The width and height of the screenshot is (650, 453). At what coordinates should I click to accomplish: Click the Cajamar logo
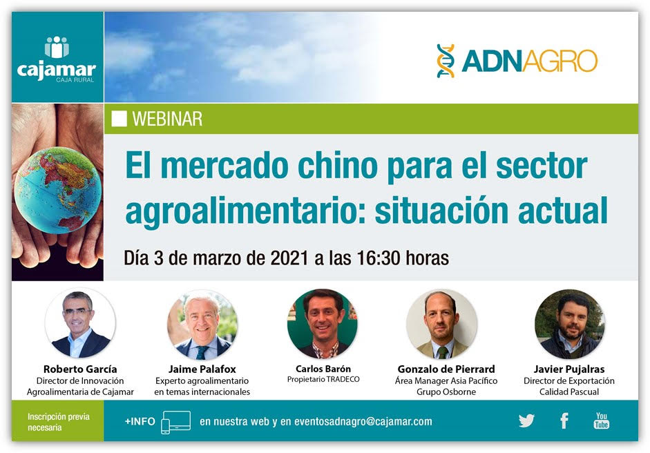(x=57, y=59)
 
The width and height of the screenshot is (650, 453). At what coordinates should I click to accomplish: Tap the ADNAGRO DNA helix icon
(x=446, y=61)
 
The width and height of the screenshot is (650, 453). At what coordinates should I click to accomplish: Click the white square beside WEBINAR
(x=119, y=119)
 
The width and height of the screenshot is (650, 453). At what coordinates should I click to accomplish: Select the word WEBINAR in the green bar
(x=167, y=119)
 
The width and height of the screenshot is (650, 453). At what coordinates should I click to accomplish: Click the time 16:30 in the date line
(x=378, y=258)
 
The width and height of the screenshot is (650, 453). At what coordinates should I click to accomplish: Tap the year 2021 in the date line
(x=289, y=258)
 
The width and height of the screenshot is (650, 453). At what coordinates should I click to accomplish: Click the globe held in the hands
(x=57, y=190)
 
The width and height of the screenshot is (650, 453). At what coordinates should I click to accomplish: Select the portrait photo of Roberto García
(x=80, y=324)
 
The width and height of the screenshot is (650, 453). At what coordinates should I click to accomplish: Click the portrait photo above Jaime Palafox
(x=202, y=324)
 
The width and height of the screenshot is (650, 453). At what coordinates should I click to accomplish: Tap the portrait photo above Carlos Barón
(x=323, y=324)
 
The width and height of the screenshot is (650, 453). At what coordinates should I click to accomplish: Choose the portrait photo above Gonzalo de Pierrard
(x=442, y=324)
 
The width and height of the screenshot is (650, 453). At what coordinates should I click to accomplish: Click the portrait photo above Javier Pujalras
(x=570, y=324)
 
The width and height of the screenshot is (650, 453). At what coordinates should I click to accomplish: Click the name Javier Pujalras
(x=568, y=369)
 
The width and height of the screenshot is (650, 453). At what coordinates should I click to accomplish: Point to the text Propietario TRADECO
(x=323, y=379)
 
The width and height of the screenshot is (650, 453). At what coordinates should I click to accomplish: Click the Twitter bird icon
(x=526, y=421)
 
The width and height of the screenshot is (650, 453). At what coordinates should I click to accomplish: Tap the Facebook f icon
(x=564, y=421)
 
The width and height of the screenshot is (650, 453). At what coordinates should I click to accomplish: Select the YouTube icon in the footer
(x=602, y=421)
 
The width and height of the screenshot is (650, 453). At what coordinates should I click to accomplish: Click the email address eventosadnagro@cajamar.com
(x=363, y=421)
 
